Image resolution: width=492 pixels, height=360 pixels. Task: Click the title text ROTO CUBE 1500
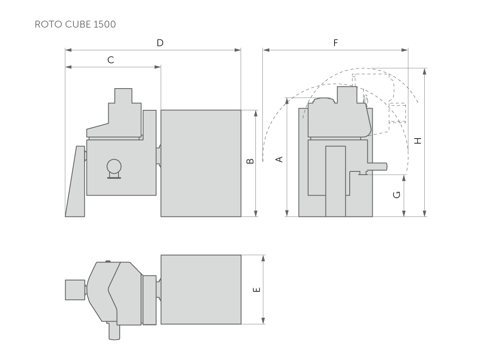click(75, 24)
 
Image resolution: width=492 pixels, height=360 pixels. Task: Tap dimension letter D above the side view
click(160, 43)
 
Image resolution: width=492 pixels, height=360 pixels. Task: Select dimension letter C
click(111, 60)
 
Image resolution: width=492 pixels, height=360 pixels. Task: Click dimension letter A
click(280, 159)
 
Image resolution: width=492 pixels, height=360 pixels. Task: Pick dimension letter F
click(335, 43)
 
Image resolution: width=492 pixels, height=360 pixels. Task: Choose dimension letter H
click(417, 141)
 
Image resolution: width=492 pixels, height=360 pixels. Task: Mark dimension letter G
click(396, 195)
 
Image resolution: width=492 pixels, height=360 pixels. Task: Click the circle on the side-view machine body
click(114, 166)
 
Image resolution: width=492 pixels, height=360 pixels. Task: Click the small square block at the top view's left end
click(75, 289)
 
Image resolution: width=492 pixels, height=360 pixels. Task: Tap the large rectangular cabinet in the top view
click(200, 289)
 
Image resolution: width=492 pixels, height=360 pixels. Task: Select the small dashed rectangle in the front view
click(397, 113)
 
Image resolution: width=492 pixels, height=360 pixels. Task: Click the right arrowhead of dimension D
click(238, 50)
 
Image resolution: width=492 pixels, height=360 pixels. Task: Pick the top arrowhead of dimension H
click(424, 71)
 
